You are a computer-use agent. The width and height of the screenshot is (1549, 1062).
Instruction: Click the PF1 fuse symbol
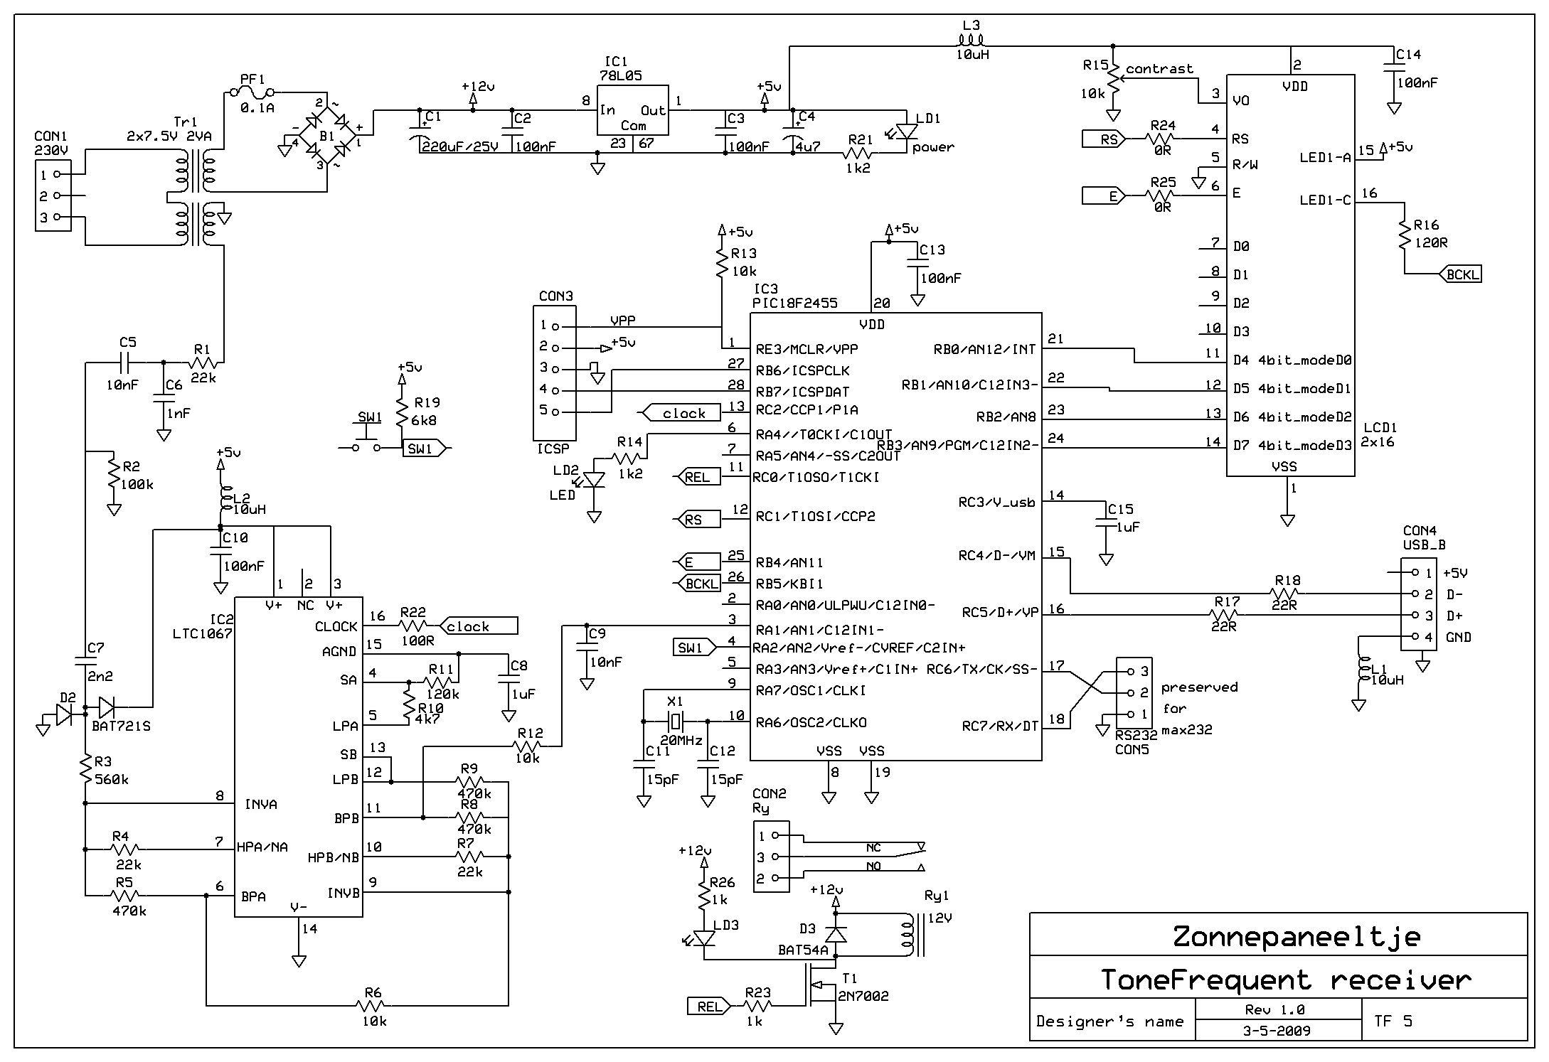click(253, 92)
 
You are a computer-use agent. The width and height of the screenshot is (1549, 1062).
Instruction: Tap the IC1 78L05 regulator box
click(632, 110)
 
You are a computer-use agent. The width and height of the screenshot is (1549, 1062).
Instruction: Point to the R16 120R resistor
click(1405, 235)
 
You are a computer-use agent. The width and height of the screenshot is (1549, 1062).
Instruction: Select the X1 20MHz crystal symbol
click(674, 721)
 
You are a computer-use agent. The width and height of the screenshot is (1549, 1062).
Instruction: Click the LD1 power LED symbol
click(907, 132)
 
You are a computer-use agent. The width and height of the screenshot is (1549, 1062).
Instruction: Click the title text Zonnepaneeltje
click(1297, 936)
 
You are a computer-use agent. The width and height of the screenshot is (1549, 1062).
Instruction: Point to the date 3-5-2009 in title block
click(1277, 1031)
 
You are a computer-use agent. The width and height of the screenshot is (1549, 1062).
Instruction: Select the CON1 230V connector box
click(53, 195)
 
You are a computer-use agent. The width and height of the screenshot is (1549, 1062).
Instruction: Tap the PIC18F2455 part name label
click(795, 304)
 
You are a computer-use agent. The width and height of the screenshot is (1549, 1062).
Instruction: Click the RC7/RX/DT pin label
click(1000, 726)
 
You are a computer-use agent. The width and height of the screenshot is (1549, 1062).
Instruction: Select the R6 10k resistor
click(371, 1005)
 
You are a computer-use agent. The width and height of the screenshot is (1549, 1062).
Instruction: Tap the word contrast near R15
click(1159, 68)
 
